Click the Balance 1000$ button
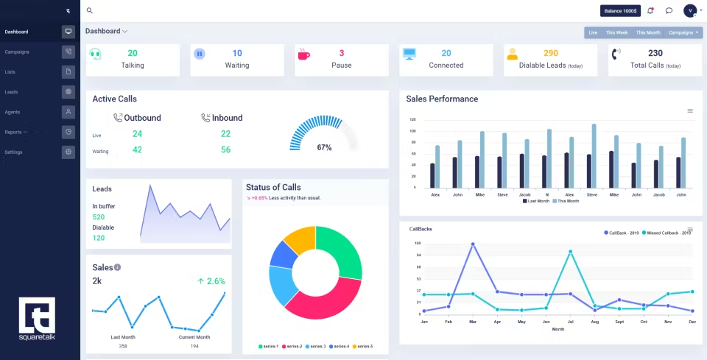click(x=620, y=10)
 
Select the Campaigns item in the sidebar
click(x=17, y=52)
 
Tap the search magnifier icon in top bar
click(x=90, y=10)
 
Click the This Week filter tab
click(x=616, y=32)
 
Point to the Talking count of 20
click(x=133, y=53)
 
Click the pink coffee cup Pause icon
click(x=303, y=54)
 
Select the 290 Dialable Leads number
click(x=550, y=53)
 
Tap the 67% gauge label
click(x=324, y=147)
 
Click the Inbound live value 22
click(x=225, y=133)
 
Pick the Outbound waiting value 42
click(x=137, y=149)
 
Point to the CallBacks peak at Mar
click(x=472, y=244)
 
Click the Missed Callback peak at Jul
click(x=570, y=252)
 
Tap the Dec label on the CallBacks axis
click(x=692, y=322)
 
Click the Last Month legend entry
click(x=538, y=200)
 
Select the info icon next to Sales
click(x=117, y=267)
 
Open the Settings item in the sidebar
click(x=14, y=152)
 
